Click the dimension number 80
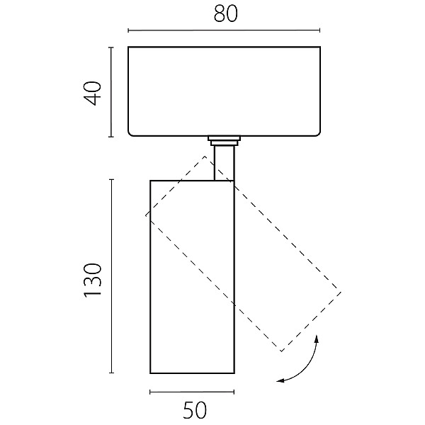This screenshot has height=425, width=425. click(225, 13)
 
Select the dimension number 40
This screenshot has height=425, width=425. click(93, 93)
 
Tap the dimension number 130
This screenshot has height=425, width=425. click(93, 280)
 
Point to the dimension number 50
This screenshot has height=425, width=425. click(195, 410)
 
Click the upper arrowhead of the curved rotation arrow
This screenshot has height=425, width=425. click(317, 339)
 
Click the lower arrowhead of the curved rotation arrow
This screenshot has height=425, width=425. click(280, 381)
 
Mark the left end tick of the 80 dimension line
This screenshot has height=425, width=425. click(128, 30)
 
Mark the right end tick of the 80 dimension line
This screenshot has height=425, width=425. click(320, 30)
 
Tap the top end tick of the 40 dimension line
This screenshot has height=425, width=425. click(111, 47)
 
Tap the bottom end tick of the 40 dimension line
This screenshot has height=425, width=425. click(111, 137)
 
